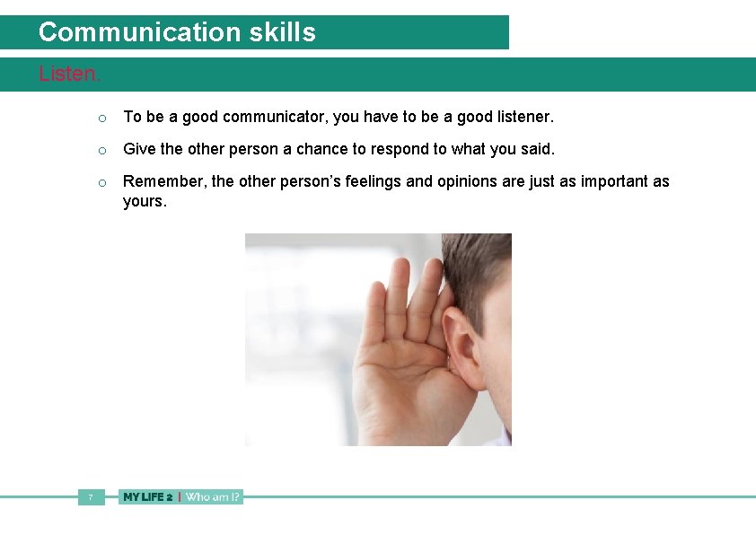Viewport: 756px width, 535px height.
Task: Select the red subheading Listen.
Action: pyautogui.click(x=69, y=74)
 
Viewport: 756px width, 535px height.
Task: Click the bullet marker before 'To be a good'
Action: pyautogui.click(x=103, y=118)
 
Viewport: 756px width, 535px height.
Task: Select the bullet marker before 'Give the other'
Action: pyautogui.click(x=103, y=150)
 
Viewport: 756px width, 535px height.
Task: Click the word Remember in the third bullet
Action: pyautogui.click(x=164, y=181)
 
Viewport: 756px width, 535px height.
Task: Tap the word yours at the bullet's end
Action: pyautogui.click(x=145, y=202)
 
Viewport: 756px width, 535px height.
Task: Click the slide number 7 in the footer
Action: pyautogui.click(x=91, y=496)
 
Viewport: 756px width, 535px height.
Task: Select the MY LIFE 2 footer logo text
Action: pyautogui.click(x=147, y=496)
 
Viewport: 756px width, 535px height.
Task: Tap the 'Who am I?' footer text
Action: pyautogui.click(x=213, y=496)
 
